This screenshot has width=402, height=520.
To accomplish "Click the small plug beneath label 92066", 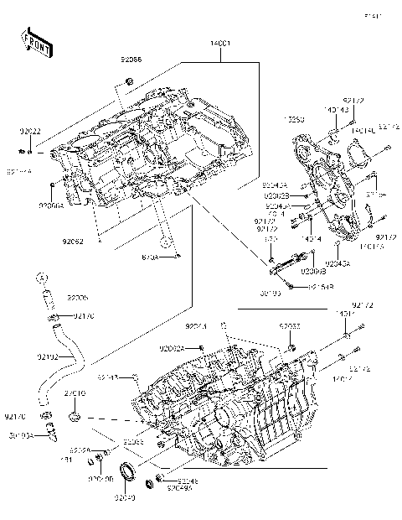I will point(128,80).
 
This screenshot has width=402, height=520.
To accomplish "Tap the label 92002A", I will point(172,347).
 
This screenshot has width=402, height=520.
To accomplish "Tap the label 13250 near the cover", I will point(295,121).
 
